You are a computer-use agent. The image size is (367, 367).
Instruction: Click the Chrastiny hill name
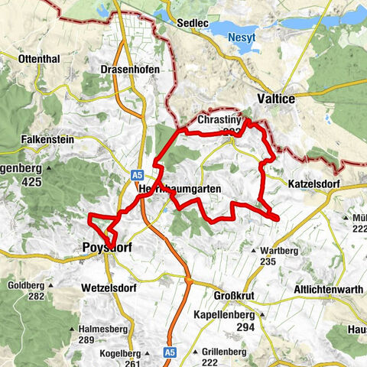pos(219,121)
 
